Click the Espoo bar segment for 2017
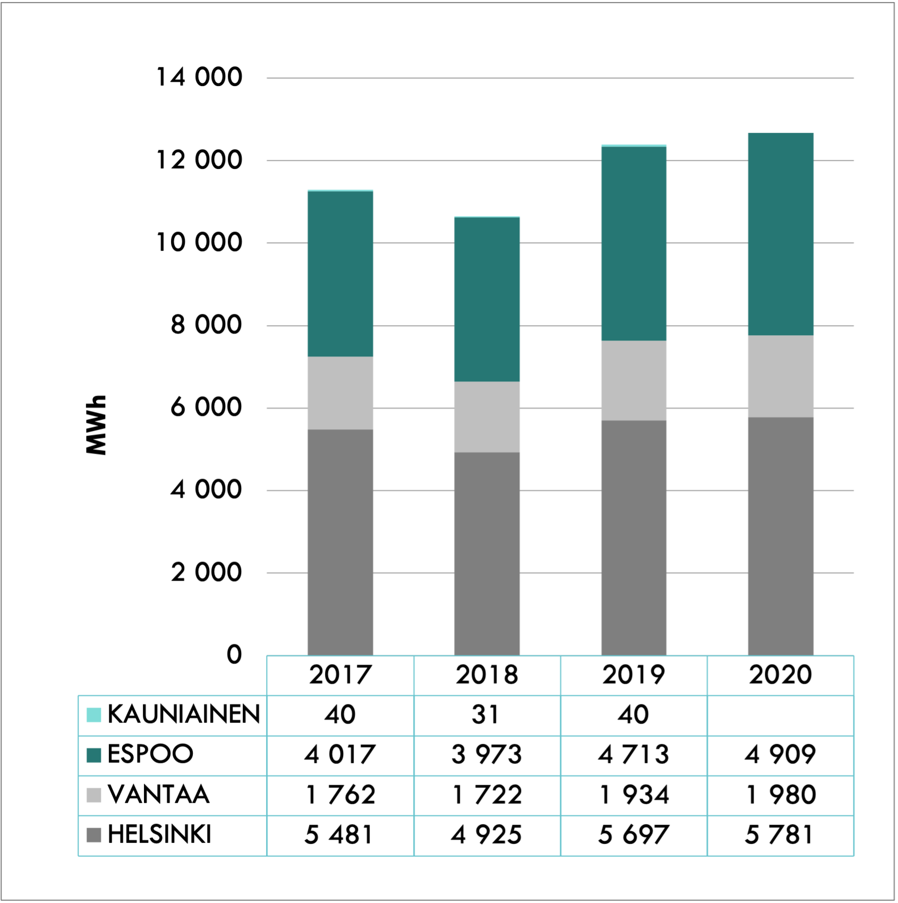click(x=340, y=274)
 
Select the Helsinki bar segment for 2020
click(x=780, y=536)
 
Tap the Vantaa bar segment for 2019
click(x=634, y=380)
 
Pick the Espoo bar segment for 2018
click(x=486, y=300)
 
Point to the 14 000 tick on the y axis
click(x=199, y=78)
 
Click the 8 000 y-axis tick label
click(x=206, y=325)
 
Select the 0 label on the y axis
click(x=234, y=655)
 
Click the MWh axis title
click(x=96, y=425)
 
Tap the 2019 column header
click(x=634, y=675)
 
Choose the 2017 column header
click(x=340, y=675)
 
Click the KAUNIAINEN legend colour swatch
click(x=94, y=715)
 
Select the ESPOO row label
click(x=150, y=755)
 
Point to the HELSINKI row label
click(x=159, y=835)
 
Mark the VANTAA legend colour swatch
click(x=94, y=795)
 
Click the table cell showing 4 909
click(x=780, y=755)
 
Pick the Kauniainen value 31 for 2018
click(x=486, y=715)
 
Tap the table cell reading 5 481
click(x=340, y=835)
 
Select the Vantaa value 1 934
click(x=634, y=795)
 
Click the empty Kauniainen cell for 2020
click(x=780, y=715)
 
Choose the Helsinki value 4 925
click(x=486, y=835)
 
